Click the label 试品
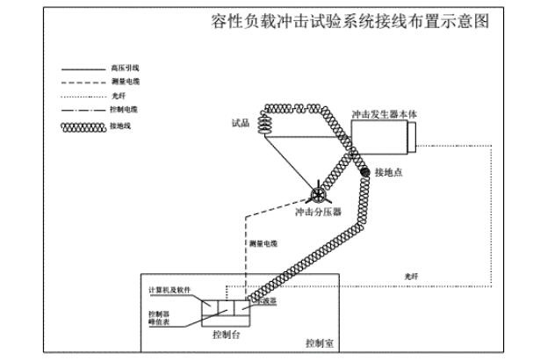pyautogui.click(x=241, y=124)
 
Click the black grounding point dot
pyautogui.click(x=363, y=171)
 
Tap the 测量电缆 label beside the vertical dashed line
pyautogui.click(x=263, y=243)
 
